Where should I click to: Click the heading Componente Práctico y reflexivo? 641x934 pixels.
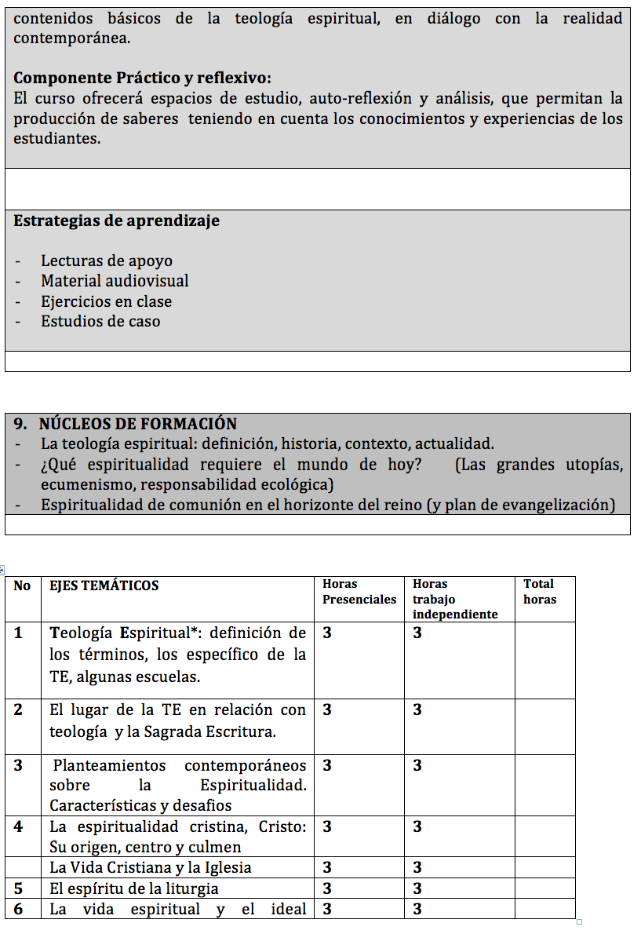pyautogui.click(x=143, y=78)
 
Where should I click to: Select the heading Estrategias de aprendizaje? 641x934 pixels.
pyautogui.click(x=117, y=221)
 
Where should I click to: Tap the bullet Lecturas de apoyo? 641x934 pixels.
pyautogui.click(x=107, y=261)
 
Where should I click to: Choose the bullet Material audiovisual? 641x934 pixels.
pyautogui.click(x=115, y=281)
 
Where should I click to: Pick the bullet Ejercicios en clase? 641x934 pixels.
pyautogui.click(x=107, y=301)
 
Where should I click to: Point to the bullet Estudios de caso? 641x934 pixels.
pyautogui.click(x=100, y=321)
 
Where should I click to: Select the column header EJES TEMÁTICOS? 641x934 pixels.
pyautogui.click(x=104, y=586)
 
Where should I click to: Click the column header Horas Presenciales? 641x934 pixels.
pyautogui.click(x=359, y=592)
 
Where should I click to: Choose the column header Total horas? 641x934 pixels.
pyautogui.click(x=539, y=592)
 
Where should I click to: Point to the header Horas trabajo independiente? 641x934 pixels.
pyautogui.click(x=455, y=600)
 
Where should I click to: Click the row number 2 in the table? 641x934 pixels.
pyautogui.click(x=18, y=710)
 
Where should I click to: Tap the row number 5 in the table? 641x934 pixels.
pyautogui.click(x=18, y=888)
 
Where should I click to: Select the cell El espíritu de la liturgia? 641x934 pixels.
pyautogui.click(x=134, y=888)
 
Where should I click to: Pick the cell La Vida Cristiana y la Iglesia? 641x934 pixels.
pyautogui.click(x=151, y=868)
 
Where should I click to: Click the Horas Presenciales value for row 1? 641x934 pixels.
pyautogui.click(x=327, y=633)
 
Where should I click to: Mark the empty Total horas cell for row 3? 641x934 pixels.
pyautogui.click(x=544, y=785)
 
